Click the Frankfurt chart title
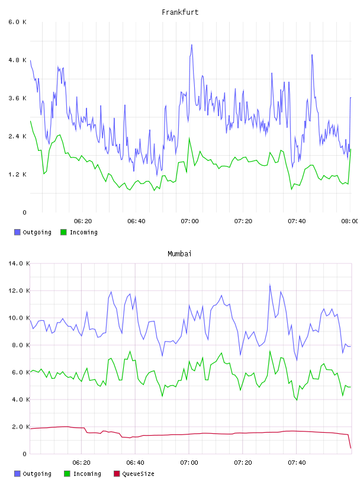pyautogui.click(x=180, y=12)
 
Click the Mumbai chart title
pyautogui.click(x=179, y=254)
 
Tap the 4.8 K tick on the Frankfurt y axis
pyautogui.click(x=18, y=60)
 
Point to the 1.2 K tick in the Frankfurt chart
pyautogui.click(x=18, y=175)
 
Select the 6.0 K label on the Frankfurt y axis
pyautogui.click(x=18, y=22)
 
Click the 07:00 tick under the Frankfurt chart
pyautogui.click(x=189, y=221)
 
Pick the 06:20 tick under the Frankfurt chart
pyautogui.click(x=83, y=221)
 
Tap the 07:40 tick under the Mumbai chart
pyautogui.click(x=297, y=463)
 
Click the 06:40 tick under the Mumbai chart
pyautogui.click(x=135, y=463)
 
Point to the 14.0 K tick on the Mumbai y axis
pyautogui.click(x=19, y=263)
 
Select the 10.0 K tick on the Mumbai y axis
pyautogui.click(x=19, y=318)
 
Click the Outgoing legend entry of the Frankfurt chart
pyautogui.click(x=33, y=232)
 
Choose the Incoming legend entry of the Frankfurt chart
pyautogui.click(x=79, y=232)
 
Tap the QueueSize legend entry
pyautogui.click(x=134, y=474)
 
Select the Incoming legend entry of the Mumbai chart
pyautogui.click(x=83, y=474)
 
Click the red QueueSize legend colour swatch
pyautogui.click(x=117, y=474)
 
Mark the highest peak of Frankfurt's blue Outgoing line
pyautogui.click(x=192, y=45)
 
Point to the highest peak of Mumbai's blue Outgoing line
pyautogui.click(x=270, y=285)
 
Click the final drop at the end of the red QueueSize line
pyautogui.click(x=350, y=441)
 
